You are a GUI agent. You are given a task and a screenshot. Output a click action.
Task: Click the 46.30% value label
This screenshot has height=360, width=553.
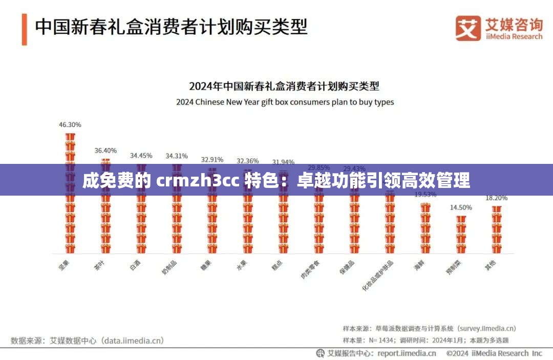tap(70, 124)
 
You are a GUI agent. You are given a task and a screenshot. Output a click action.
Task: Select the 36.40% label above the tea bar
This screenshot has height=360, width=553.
tap(105, 151)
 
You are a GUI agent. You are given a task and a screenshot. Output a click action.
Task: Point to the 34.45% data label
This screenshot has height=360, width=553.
tap(141, 155)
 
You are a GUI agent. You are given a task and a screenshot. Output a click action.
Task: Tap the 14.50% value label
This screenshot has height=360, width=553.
tap(461, 207)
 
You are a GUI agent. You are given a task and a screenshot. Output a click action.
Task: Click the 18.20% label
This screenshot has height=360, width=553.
tap(496, 198)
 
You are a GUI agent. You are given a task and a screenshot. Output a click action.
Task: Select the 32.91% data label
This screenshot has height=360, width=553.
tap(212, 159)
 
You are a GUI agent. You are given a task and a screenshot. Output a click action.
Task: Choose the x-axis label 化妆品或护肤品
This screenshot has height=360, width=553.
tap(374, 274)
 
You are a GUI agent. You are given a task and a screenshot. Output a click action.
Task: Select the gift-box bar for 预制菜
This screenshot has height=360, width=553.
tap(461, 234)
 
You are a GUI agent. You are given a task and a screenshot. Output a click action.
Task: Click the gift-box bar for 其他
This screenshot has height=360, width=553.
tap(496, 229)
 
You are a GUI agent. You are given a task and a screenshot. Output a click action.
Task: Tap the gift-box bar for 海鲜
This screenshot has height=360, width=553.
tap(426, 228)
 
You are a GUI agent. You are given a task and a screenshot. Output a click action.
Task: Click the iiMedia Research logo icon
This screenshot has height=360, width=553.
tap(468, 28)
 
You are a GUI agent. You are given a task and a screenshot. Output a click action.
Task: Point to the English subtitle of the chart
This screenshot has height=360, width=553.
tap(285, 102)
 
